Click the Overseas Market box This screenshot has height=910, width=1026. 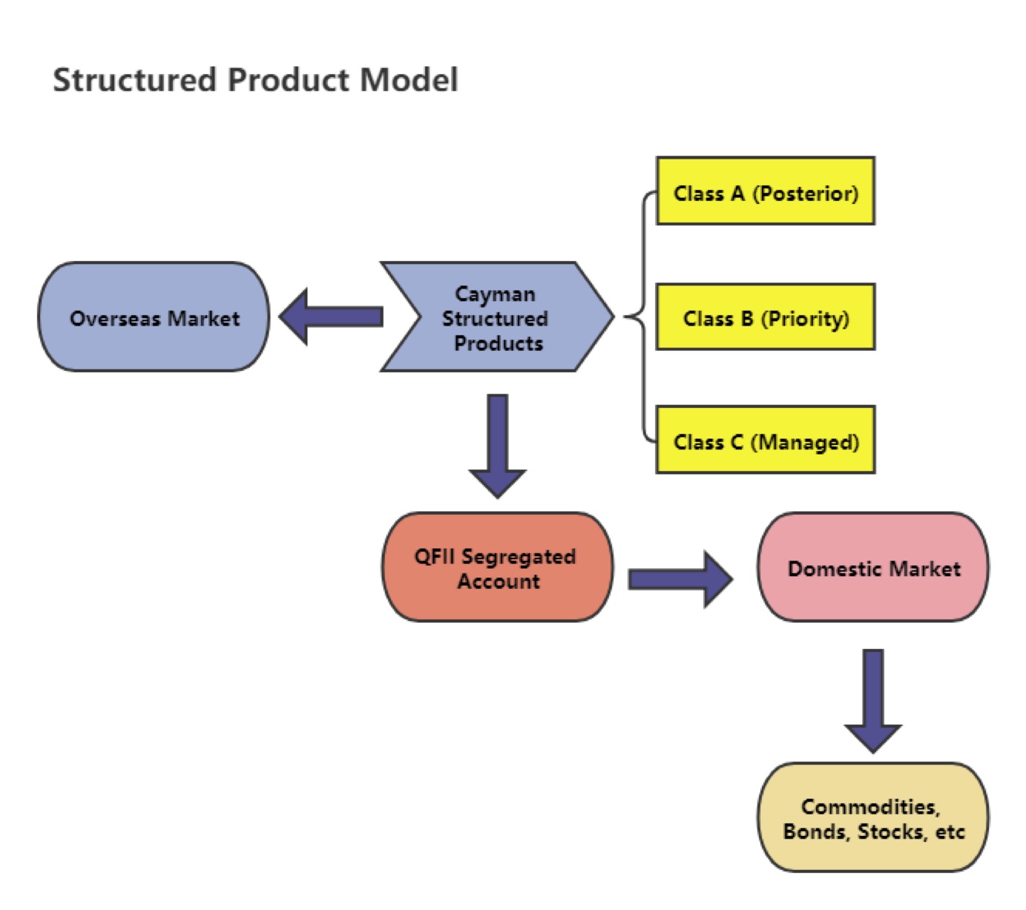154,317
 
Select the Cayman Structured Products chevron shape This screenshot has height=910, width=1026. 496,317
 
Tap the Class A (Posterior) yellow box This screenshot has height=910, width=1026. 765,191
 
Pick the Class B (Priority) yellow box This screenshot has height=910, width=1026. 765,317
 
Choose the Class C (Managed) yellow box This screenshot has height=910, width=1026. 765,440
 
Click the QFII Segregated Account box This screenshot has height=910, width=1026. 497,567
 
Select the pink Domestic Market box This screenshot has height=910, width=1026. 872,567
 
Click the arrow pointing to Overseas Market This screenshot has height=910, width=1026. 330,317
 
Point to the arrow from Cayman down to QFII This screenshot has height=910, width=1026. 497,446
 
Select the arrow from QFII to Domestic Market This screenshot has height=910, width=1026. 680,578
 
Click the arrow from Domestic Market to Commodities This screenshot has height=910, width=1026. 872,701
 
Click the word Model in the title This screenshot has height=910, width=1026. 408,79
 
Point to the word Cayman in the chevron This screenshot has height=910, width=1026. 495,294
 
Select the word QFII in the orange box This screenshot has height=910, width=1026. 434,556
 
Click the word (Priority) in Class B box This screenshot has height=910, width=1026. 805,319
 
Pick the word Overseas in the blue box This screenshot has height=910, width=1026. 114,318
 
